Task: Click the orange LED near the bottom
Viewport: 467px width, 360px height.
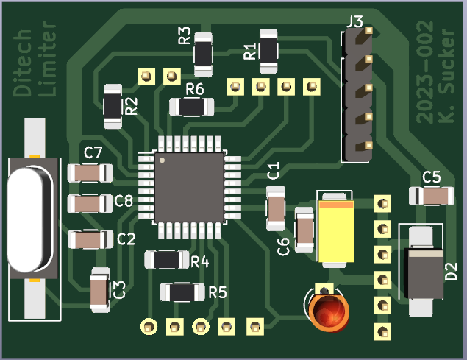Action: click(x=328, y=311)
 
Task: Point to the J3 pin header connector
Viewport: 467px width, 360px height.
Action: click(x=357, y=96)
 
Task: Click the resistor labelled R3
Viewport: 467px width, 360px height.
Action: click(x=203, y=54)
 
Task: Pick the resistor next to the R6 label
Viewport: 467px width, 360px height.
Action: click(x=192, y=107)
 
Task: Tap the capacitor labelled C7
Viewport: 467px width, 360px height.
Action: click(x=90, y=173)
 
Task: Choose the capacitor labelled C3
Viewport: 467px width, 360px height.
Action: click(x=99, y=289)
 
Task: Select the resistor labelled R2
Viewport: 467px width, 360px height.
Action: click(x=112, y=105)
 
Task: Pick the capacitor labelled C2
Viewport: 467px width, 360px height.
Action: click(x=90, y=239)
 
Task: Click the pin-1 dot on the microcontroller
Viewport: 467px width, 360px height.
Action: click(x=163, y=158)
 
